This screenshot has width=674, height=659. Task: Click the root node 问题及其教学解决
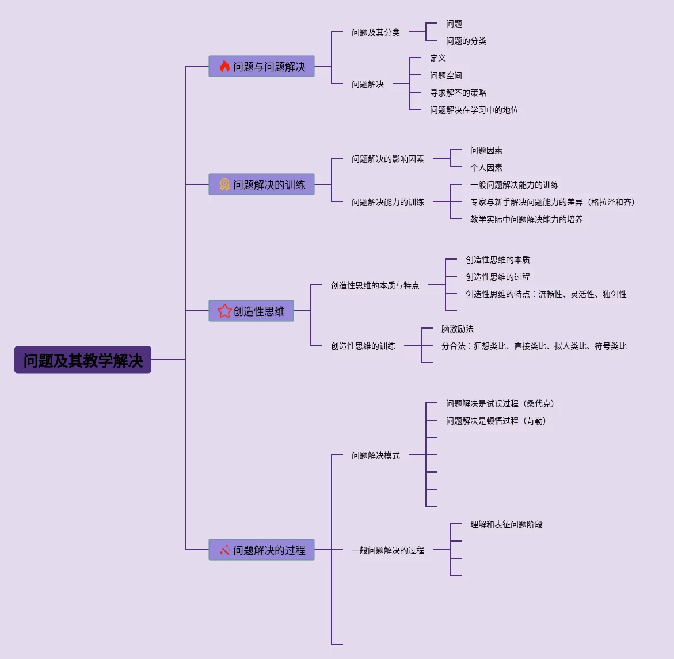(x=83, y=360)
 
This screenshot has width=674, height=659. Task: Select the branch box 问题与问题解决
(x=261, y=67)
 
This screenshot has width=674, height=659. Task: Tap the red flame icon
(x=224, y=67)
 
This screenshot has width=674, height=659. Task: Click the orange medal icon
(x=224, y=185)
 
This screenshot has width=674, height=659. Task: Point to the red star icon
(x=224, y=311)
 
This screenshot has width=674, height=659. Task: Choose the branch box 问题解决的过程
(x=261, y=550)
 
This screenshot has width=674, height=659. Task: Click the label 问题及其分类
(x=375, y=32)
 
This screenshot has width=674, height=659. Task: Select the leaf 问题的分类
(x=466, y=41)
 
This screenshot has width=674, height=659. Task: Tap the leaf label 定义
(x=437, y=58)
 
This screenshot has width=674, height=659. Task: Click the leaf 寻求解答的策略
(x=458, y=93)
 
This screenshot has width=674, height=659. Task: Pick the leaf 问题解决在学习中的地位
(x=474, y=110)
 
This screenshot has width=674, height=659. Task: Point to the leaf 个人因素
(x=486, y=167)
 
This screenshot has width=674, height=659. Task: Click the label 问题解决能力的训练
(x=387, y=202)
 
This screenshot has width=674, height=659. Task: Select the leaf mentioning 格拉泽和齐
(x=552, y=202)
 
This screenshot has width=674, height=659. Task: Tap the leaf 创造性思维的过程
(x=497, y=277)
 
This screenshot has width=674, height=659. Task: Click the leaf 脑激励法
(x=457, y=329)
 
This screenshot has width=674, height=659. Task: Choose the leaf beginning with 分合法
(x=534, y=346)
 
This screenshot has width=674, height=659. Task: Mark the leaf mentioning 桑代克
(x=500, y=403)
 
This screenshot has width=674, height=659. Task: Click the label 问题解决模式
(x=375, y=455)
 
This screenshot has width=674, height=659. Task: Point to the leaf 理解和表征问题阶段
(x=506, y=524)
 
